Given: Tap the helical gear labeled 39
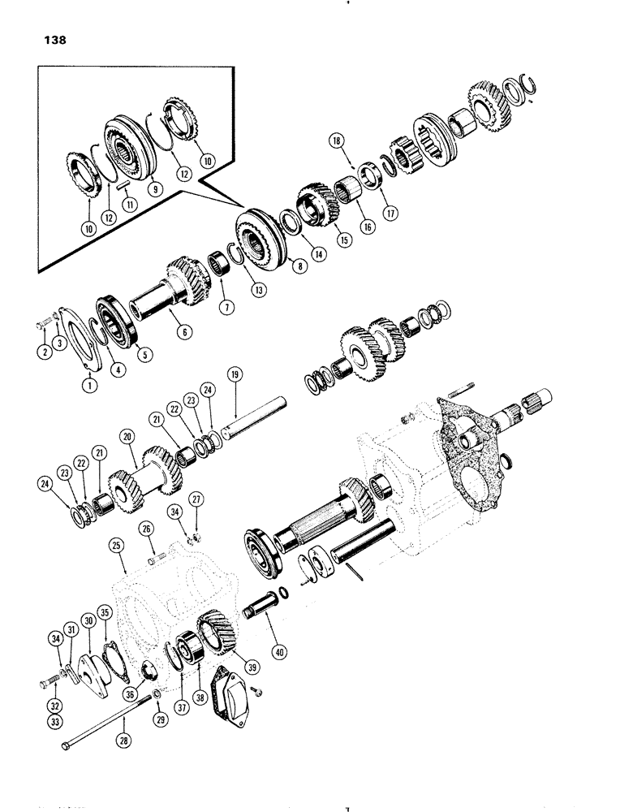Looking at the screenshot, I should coord(213,630).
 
